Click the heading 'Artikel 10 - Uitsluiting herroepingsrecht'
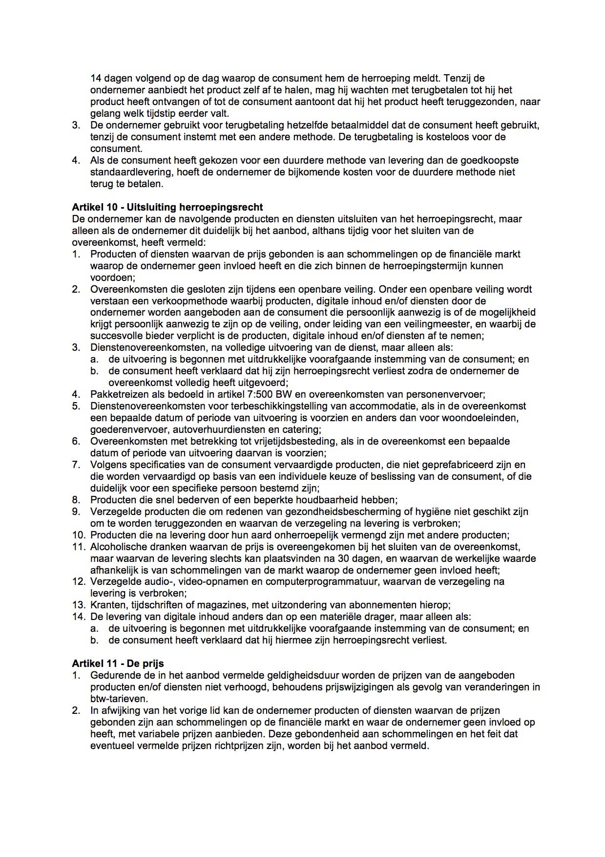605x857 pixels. click(167, 207)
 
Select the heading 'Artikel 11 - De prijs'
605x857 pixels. click(118, 664)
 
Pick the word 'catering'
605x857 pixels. click(302, 429)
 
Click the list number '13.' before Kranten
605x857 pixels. click(79, 605)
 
